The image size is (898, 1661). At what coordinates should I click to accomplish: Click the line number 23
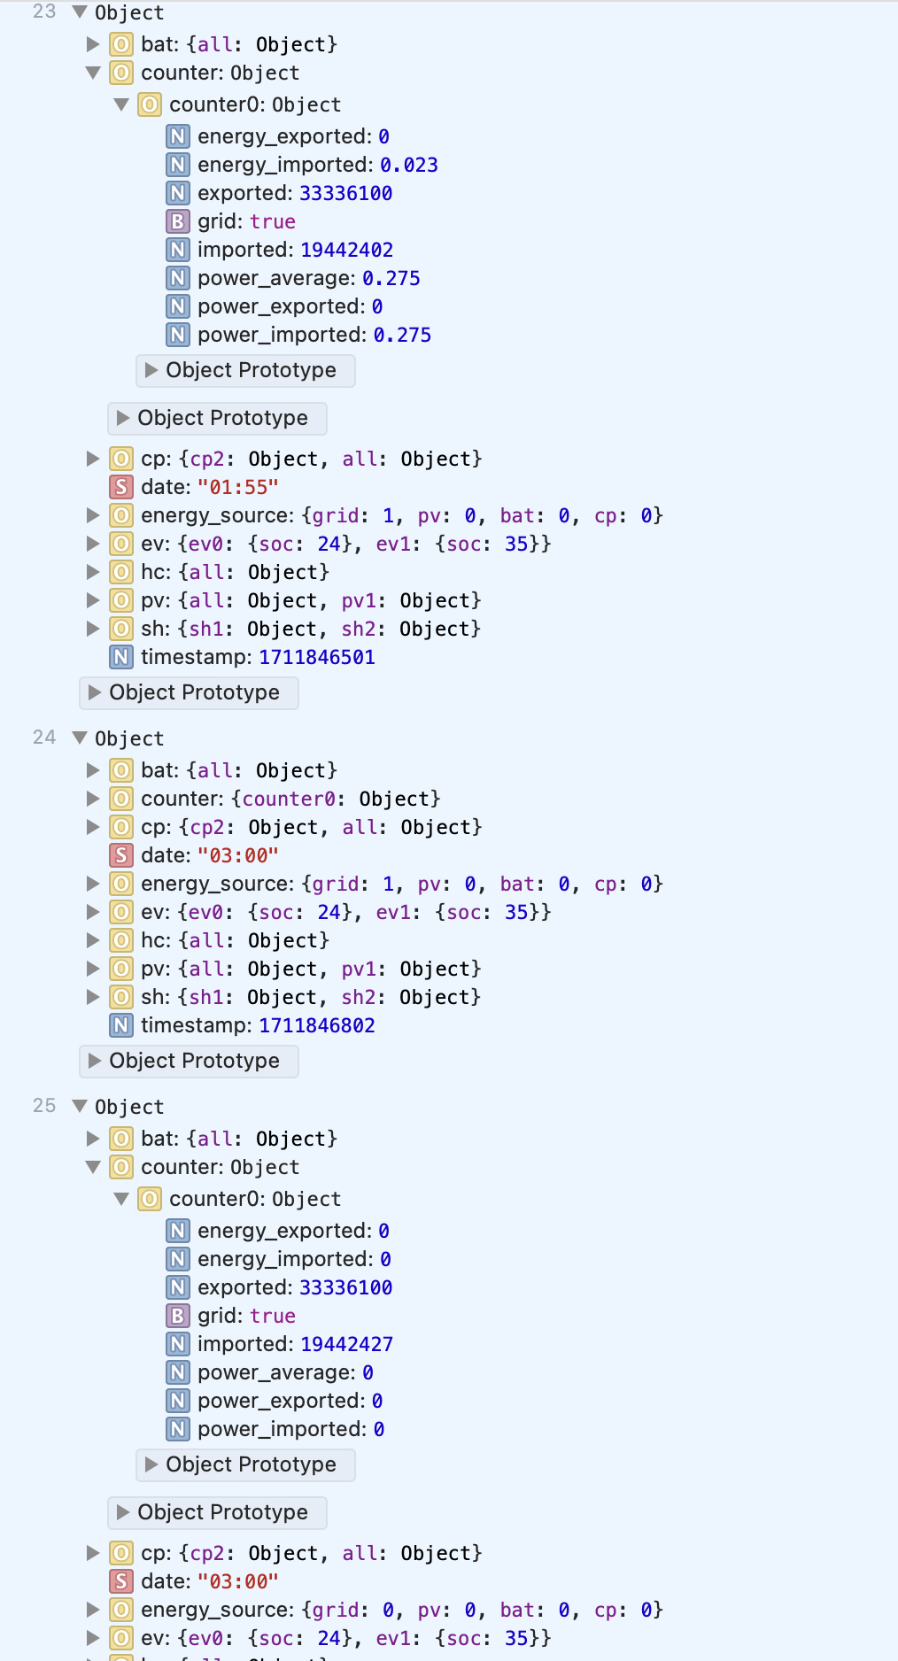pos(44,12)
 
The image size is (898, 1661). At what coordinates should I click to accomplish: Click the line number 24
pos(44,737)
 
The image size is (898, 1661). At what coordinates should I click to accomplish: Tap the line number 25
pos(44,1105)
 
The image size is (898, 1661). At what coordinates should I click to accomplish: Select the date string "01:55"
pos(237,487)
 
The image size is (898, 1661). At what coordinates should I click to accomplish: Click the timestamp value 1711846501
pos(317,657)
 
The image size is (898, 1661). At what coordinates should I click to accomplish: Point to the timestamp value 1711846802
pos(317,1025)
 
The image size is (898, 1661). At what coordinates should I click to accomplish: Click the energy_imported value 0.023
pos(409,165)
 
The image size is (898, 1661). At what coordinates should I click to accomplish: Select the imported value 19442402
pos(346,250)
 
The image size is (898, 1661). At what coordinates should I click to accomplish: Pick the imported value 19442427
pos(346,1344)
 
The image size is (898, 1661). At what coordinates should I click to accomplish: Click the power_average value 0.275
pos(391,278)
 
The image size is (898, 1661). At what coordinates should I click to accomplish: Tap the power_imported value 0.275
pos(402,335)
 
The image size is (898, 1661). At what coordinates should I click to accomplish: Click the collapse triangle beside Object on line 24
pos(80,738)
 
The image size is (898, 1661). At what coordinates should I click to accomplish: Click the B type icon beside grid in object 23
pos(178,221)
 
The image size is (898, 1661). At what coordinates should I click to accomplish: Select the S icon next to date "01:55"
pos(121,487)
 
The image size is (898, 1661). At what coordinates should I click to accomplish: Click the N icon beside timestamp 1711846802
pos(121,1025)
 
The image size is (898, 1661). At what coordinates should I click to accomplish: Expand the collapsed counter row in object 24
pos(93,799)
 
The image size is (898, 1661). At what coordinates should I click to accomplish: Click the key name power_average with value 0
pos(275,1372)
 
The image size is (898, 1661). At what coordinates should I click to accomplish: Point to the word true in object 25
pos(273,1316)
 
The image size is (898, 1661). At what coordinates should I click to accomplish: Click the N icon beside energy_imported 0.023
pos(178,165)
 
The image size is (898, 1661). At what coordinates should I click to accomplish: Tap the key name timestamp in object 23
pos(196,657)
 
